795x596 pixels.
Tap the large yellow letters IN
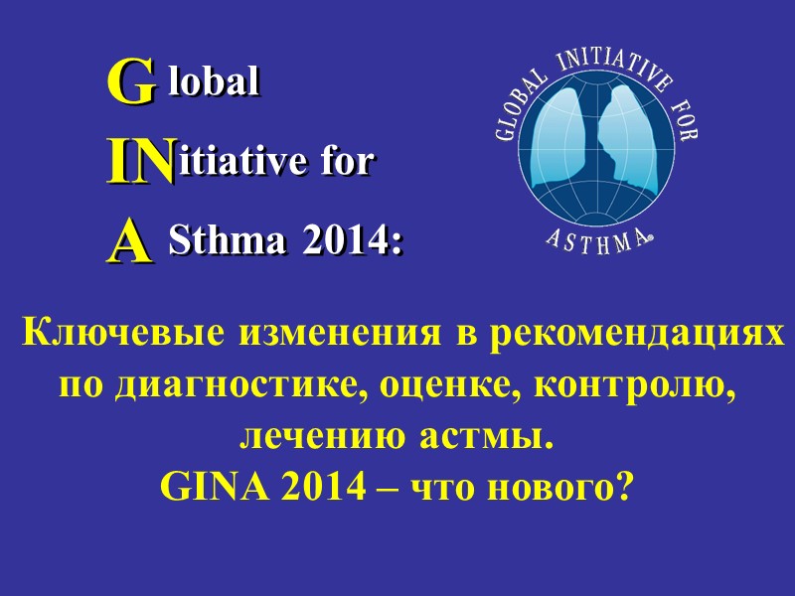[x=141, y=162]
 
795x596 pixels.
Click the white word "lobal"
[x=215, y=83]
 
